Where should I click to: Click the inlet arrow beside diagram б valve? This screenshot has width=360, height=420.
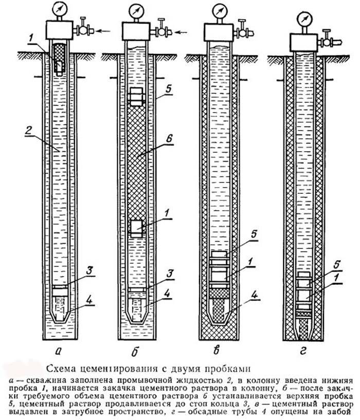[182, 33]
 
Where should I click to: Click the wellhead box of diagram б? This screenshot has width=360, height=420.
[135, 31]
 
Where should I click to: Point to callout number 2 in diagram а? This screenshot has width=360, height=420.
[29, 131]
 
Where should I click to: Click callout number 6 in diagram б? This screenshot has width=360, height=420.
[169, 139]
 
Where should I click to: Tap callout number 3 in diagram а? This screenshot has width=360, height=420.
[89, 270]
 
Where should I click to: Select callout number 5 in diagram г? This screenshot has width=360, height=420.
[337, 265]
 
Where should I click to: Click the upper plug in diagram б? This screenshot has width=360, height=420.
[136, 97]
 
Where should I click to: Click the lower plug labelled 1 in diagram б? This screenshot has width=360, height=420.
[137, 228]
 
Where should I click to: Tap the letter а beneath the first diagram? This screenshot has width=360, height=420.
[58, 351]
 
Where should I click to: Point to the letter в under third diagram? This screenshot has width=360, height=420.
[217, 351]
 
